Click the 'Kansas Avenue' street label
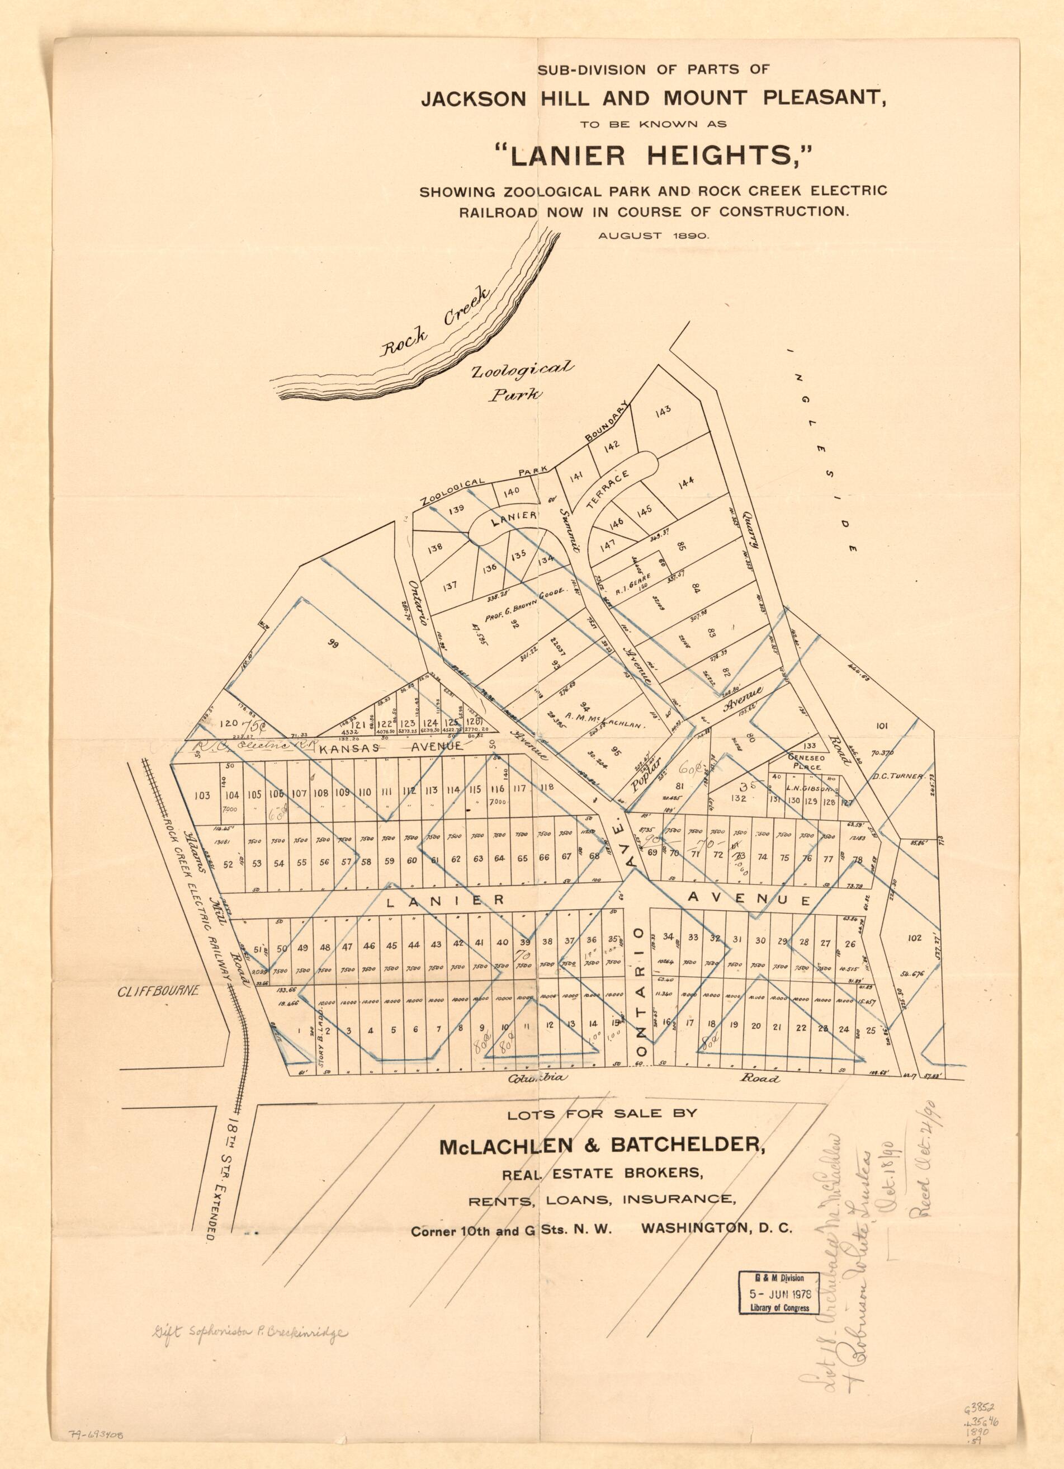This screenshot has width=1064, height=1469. (x=390, y=746)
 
